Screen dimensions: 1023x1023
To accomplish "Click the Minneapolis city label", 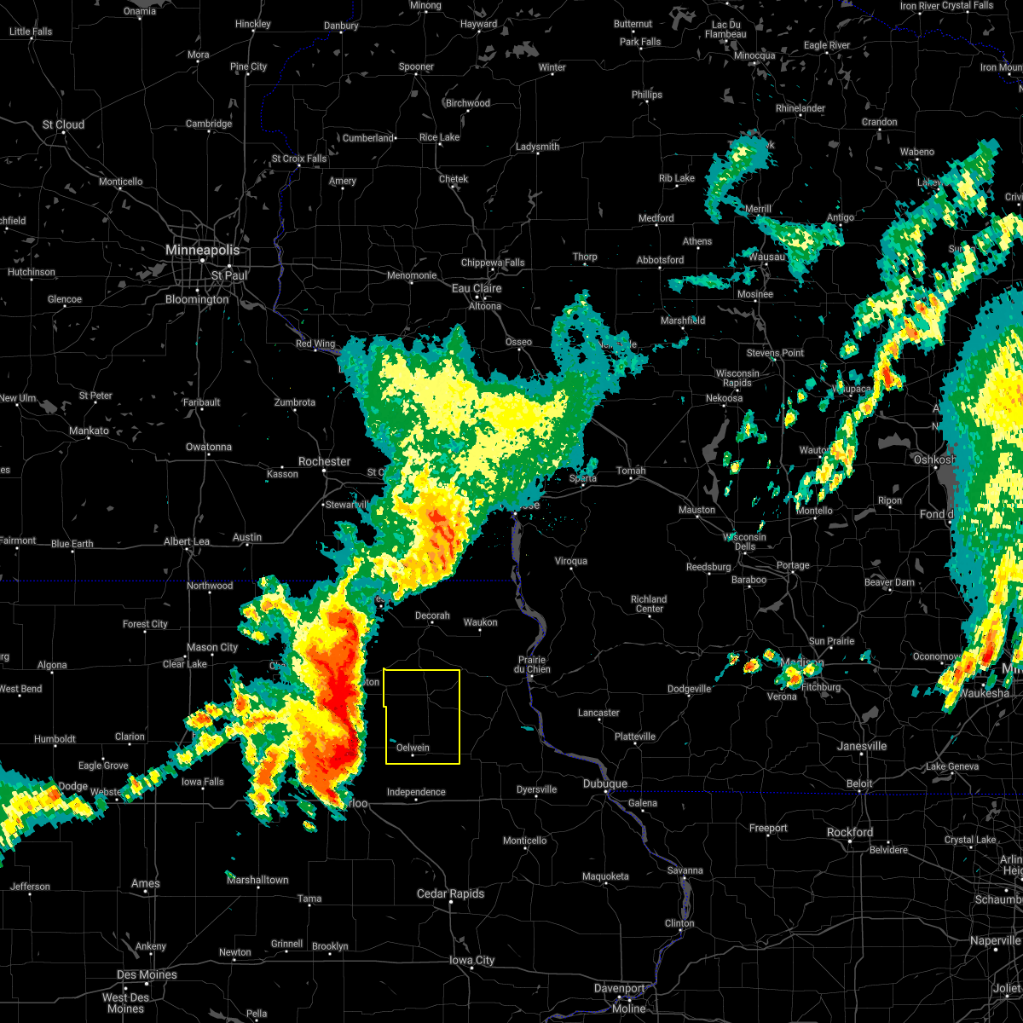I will point(202,251).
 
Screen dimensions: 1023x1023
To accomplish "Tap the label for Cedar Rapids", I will point(450,893).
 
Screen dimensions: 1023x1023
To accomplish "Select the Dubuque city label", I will point(605,783).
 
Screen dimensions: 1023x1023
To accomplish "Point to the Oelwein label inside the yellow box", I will point(413,748).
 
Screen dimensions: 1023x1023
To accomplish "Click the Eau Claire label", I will point(476,288).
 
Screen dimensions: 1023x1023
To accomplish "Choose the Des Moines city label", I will point(147,974).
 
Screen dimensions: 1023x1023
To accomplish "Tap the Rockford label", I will point(849,832).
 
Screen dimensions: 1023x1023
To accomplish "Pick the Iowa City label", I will point(472,960).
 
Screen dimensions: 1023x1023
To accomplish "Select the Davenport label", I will point(619,988).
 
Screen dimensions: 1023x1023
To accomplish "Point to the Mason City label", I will point(212,647).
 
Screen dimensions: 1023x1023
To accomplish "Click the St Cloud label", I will point(64,124).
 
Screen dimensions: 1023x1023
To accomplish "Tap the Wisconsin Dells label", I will point(745,542).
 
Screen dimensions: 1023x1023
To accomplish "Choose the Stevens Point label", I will point(775,353).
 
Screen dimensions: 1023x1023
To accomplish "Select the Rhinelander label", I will point(800,108).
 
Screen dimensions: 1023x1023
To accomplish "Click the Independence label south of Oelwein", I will point(416,792).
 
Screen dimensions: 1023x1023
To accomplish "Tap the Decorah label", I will point(432,616).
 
